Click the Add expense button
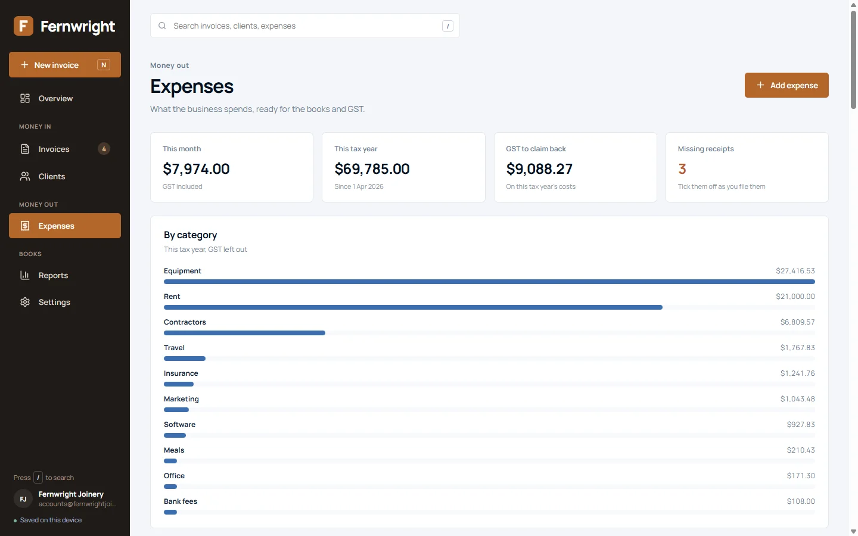point(786,85)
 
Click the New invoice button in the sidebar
point(65,65)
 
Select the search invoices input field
point(305,26)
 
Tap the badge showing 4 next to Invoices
point(104,148)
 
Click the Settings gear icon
point(25,302)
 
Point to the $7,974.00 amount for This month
point(196,169)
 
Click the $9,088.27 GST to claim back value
point(539,169)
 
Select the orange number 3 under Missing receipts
point(682,169)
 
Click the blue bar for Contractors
point(244,333)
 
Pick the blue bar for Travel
point(185,359)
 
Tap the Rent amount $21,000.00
point(795,297)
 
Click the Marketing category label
point(181,399)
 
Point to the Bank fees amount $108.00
point(801,501)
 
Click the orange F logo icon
point(23,26)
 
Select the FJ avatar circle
point(23,499)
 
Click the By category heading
point(191,235)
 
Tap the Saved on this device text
point(51,520)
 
